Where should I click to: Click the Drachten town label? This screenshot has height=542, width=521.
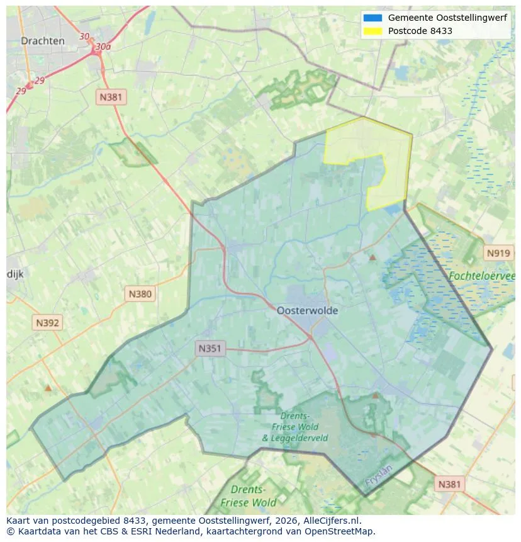pyautogui.click(x=42, y=41)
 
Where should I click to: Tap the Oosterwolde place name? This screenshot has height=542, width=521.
pyautogui.click(x=307, y=310)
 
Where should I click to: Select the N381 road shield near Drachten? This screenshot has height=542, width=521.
pyautogui.click(x=111, y=97)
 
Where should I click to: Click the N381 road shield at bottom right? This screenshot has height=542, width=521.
pyautogui.click(x=449, y=484)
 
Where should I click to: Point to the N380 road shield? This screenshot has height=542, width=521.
pyautogui.click(x=140, y=293)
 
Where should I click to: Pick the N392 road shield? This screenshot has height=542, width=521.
pyautogui.click(x=47, y=323)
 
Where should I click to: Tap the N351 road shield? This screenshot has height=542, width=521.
pyautogui.click(x=210, y=348)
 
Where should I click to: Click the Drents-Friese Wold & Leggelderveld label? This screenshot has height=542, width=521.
pyautogui.click(x=294, y=427)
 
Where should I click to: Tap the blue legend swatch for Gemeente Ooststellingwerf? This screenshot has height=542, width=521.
pyautogui.click(x=373, y=18)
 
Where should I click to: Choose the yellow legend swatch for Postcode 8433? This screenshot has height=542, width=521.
pyautogui.click(x=373, y=31)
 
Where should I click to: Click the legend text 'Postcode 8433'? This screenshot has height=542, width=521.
pyautogui.click(x=420, y=31)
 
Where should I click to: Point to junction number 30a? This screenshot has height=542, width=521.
pyautogui.click(x=103, y=47)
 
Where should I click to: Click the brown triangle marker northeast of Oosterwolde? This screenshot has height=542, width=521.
pyautogui.click(x=372, y=257)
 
